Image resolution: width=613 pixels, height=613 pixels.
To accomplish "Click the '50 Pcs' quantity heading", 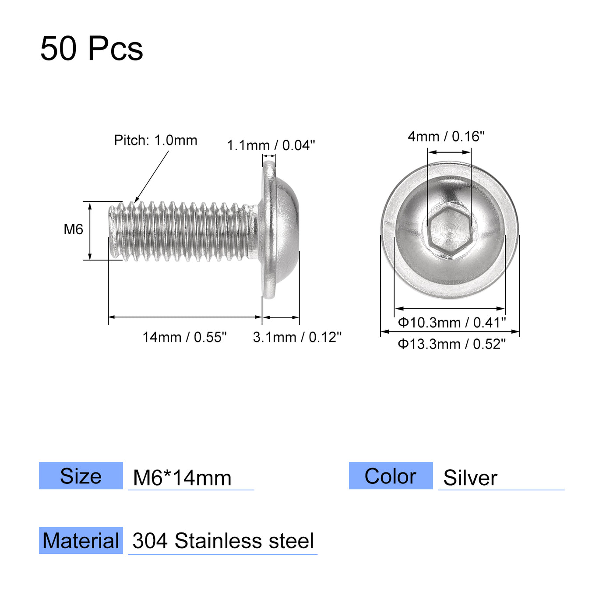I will tap(92, 48).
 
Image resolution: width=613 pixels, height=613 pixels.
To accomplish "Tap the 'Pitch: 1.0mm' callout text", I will tap(155, 140).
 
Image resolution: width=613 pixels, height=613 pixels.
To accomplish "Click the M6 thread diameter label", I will tap(73, 229).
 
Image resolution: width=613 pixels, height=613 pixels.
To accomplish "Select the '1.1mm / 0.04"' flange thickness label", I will tap(271, 145).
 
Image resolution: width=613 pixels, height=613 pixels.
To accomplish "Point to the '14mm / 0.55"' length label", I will tap(184, 337).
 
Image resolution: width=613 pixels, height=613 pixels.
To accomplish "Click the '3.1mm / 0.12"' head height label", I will tap(297, 337).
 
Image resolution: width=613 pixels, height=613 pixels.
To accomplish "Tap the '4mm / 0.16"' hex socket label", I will tap(446, 137).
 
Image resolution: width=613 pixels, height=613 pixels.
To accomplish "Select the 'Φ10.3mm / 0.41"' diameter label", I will tap(451, 323).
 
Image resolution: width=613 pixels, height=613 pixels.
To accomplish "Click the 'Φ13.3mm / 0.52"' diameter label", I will tap(451, 344).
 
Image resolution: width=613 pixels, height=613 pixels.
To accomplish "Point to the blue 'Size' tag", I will tap(81, 476).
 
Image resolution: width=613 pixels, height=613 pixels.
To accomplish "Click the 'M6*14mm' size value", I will tap(182, 478).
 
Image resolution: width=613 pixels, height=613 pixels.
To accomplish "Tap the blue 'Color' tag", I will tap(391, 476).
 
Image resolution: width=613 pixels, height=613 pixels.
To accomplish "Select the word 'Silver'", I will tap(470, 478).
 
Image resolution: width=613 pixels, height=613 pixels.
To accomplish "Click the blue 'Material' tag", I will tap(81, 541).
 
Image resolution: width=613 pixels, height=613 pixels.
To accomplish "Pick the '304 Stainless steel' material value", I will tap(223, 541).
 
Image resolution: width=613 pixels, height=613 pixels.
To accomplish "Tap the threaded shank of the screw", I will tap(184, 231).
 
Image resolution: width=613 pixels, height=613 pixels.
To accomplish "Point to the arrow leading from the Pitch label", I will tap(151, 177).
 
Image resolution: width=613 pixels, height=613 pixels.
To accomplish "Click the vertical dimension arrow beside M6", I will tap(90, 231).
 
